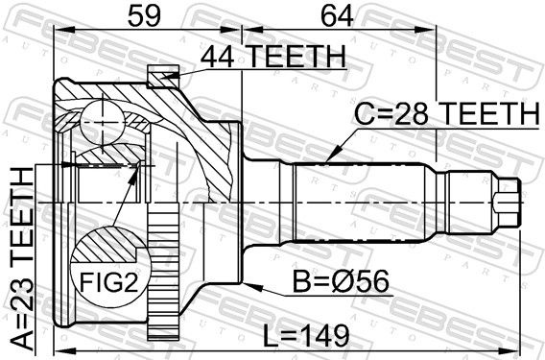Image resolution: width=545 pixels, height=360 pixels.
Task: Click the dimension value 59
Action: (144, 16)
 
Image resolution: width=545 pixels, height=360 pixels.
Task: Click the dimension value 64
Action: (337, 16)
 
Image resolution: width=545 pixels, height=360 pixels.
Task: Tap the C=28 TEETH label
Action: (446, 113)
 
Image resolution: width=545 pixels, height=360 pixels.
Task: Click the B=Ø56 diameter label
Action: (341, 282)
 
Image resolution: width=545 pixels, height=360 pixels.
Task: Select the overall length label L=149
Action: (305, 336)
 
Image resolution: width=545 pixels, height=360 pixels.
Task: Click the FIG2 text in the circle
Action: (108, 282)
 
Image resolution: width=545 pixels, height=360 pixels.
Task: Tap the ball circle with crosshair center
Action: (103, 122)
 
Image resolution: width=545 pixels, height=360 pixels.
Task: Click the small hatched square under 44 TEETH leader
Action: (163, 76)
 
